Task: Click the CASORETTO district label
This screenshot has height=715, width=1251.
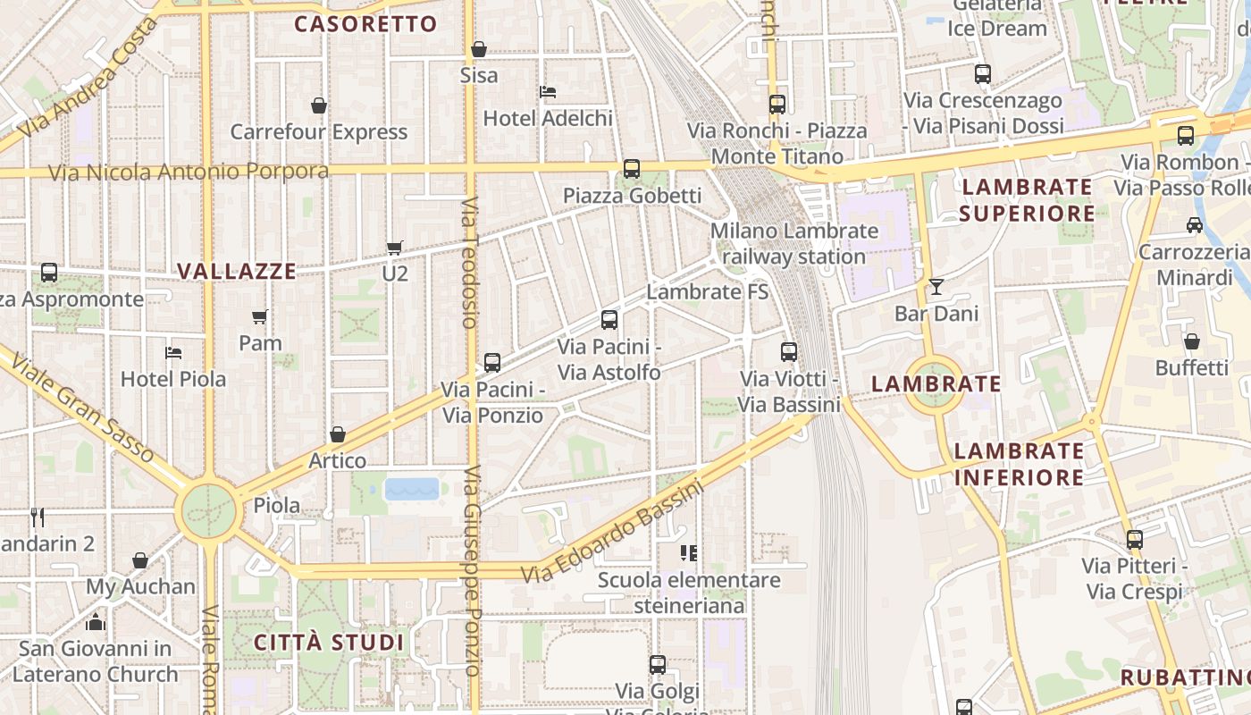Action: point(365,24)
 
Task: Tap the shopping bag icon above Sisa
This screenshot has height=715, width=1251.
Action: point(479,49)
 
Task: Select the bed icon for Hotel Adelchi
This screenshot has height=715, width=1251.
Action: point(548,91)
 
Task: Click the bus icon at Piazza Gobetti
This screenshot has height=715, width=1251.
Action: point(632,168)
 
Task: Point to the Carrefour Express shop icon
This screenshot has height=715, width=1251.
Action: point(319,105)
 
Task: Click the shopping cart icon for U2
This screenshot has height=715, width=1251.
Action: point(394,248)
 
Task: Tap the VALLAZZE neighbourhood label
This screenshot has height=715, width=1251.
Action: point(237,272)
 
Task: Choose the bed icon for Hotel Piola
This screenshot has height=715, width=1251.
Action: point(173,352)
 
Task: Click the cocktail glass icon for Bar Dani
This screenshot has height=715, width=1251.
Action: point(936,287)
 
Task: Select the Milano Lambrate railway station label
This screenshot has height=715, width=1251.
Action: point(794,244)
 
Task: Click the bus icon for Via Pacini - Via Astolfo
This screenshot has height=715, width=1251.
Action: point(609,319)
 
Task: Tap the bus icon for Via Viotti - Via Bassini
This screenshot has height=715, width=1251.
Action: point(788,352)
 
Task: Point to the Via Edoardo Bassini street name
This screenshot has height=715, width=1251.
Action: point(613,534)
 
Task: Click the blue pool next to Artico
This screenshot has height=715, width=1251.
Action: point(412,489)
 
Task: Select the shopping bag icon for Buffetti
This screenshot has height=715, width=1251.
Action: point(1191,341)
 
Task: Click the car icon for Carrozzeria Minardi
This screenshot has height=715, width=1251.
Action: point(1194,224)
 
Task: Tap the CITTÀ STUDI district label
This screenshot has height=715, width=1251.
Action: point(329,643)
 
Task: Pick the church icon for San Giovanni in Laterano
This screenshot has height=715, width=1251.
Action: point(96,621)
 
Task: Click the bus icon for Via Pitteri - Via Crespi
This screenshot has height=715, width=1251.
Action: point(1135,540)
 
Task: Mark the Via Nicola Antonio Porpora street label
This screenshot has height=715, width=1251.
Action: point(189,171)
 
